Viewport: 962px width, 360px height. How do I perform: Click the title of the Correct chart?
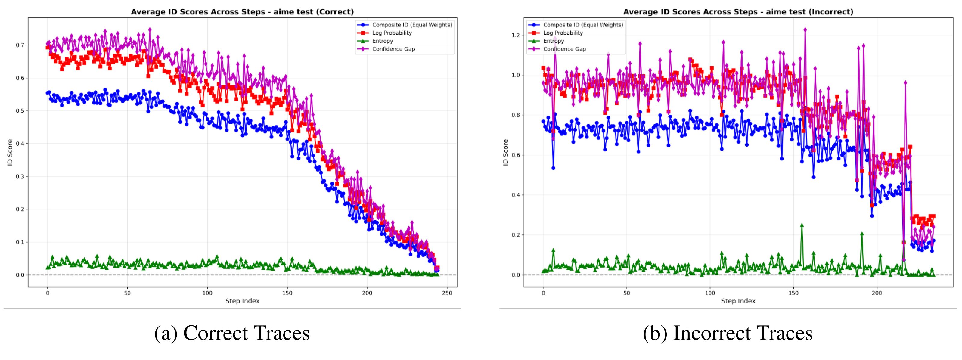click(242, 12)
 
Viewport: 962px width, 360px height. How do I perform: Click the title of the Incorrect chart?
click(738, 12)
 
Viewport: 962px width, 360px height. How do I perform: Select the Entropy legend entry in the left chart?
click(382, 41)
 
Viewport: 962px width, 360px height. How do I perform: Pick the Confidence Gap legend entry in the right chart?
click(564, 49)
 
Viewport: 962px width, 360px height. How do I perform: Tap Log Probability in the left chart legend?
click(392, 33)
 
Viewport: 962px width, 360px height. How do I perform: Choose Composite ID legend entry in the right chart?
click(582, 25)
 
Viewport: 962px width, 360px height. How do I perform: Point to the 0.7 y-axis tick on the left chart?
click(20, 45)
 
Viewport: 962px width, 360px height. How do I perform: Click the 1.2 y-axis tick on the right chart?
click(515, 35)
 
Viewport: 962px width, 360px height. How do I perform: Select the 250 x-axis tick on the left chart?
click(447, 293)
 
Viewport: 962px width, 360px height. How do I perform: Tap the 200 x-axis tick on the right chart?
click(877, 293)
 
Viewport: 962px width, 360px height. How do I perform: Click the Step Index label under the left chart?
click(242, 301)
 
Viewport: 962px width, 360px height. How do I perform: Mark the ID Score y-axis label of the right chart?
click(506, 152)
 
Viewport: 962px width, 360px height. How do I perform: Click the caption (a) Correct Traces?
click(232, 333)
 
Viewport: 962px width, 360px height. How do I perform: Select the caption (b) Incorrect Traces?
click(728, 333)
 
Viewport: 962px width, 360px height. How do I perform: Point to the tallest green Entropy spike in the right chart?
click(802, 225)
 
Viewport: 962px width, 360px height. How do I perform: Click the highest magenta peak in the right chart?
click(805, 29)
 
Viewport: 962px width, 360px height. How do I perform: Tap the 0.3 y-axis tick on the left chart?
click(20, 176)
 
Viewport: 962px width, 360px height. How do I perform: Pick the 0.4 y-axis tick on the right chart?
click(515, 195)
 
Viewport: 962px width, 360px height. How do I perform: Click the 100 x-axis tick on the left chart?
click(207, 293)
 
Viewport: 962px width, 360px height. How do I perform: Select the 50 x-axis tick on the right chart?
click(627, 293)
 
